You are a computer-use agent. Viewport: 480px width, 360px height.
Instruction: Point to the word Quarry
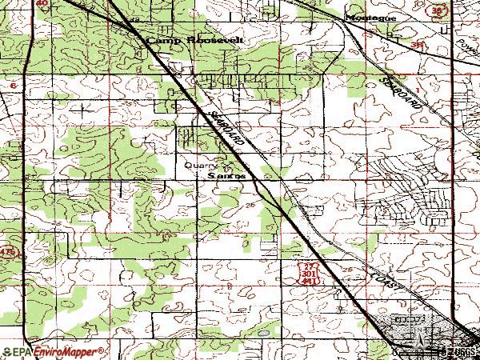[x=198, y=165]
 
